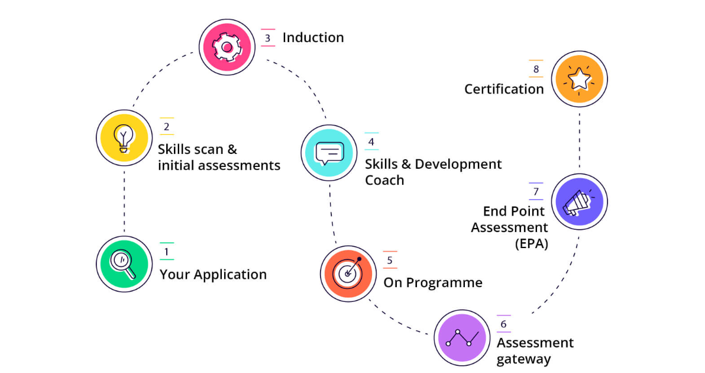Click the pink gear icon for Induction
227,47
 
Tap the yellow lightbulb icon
124,139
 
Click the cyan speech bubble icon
329,153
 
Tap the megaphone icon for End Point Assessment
578,201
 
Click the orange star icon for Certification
579,79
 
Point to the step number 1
167,252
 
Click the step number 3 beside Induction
267,38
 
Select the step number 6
503,324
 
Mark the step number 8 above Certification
536,69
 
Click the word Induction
313,38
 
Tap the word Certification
503,89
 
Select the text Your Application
213,275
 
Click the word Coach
384,180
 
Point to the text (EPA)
530,243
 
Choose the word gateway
523,359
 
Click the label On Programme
433,283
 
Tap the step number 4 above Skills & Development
371,142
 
